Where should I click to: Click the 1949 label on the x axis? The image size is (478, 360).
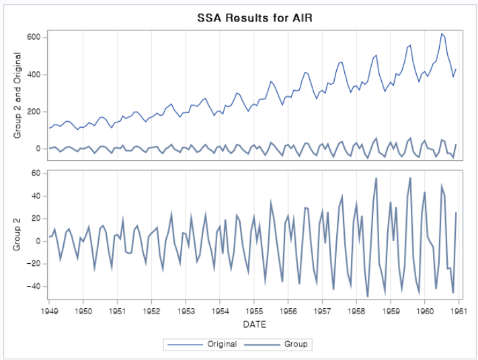[x=49, y=312]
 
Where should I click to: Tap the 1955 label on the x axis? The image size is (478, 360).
[x=254, y=312]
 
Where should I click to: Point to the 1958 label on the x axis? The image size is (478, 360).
[x=356, y=312]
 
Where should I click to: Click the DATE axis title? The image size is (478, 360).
[x=254, y=324]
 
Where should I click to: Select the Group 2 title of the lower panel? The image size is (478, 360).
[x=18, y=235]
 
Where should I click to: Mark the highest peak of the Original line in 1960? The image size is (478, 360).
[x=442, y=33]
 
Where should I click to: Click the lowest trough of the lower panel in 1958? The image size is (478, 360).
[x=368, y=296]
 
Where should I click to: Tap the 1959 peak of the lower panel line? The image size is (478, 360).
[x=410, y=178]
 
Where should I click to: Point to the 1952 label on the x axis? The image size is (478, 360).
[x=151, y=312]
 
